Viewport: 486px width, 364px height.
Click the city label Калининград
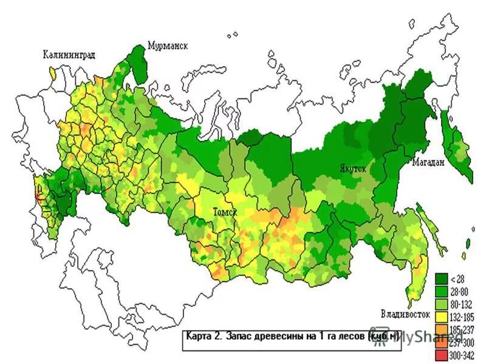tap(69, 55)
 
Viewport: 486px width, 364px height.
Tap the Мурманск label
tap(168, 46)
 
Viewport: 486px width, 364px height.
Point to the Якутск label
tap(352, 169)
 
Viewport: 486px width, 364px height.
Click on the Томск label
tap(224, 212)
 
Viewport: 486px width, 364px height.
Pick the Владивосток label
tap(405, 314)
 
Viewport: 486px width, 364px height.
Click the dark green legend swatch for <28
tap(442, 279)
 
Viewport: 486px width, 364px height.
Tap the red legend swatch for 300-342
tap(442, 354)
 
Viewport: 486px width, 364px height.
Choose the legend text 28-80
tap(460, 291)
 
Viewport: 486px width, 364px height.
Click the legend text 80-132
tap(461, 303)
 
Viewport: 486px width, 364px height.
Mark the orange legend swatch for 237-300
tap(442, 342)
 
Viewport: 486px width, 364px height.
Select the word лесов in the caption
tap(349, 336)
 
